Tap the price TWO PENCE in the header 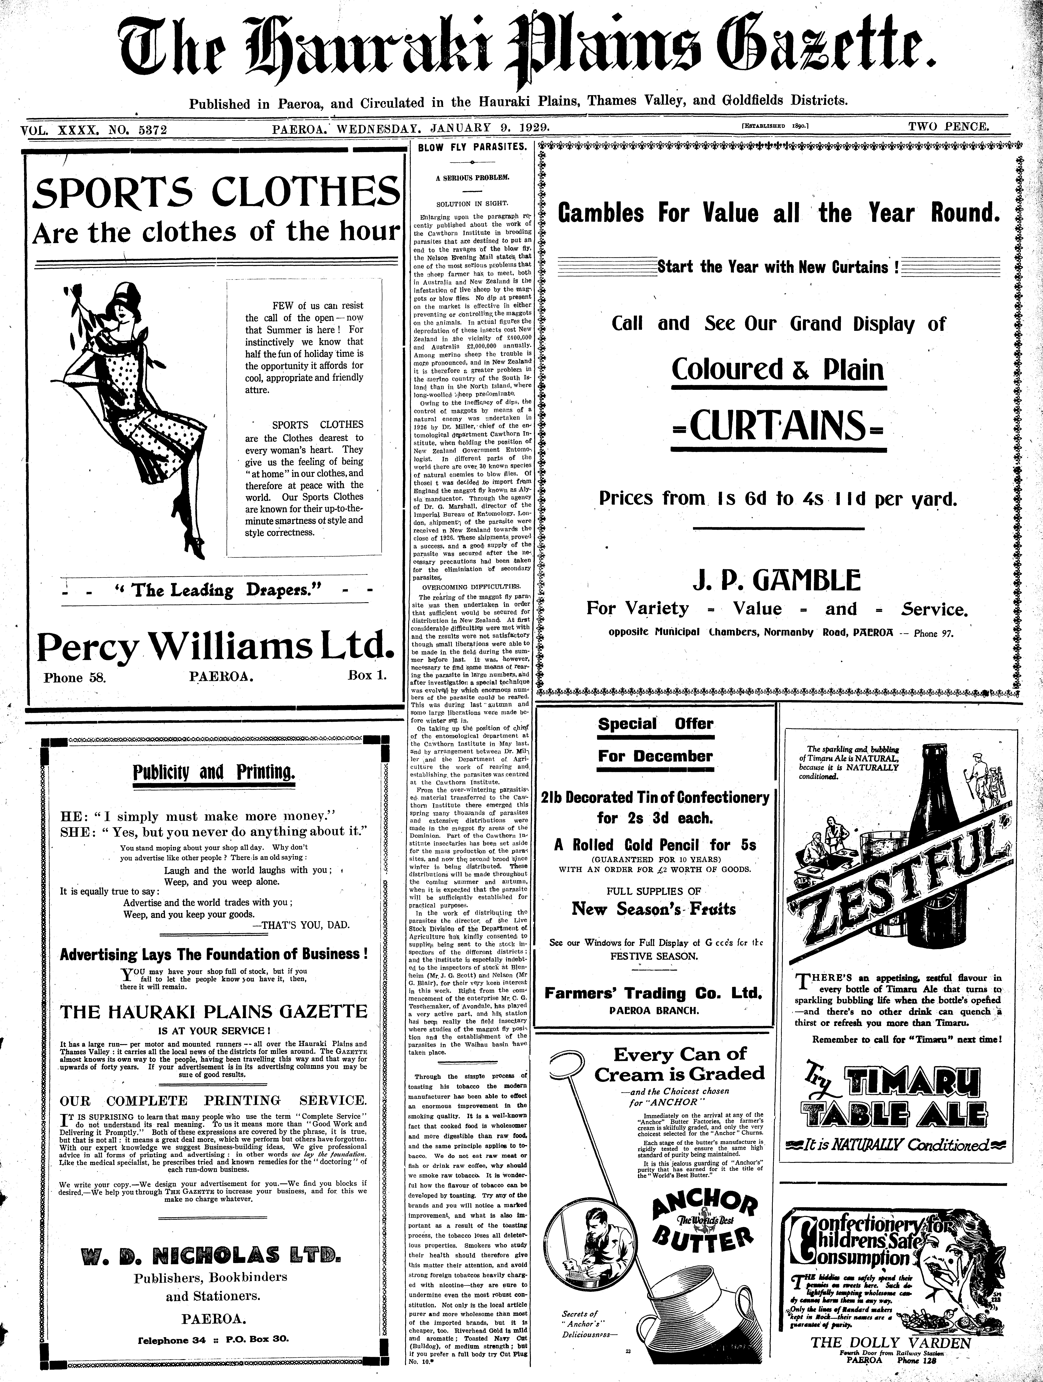point(948,127)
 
